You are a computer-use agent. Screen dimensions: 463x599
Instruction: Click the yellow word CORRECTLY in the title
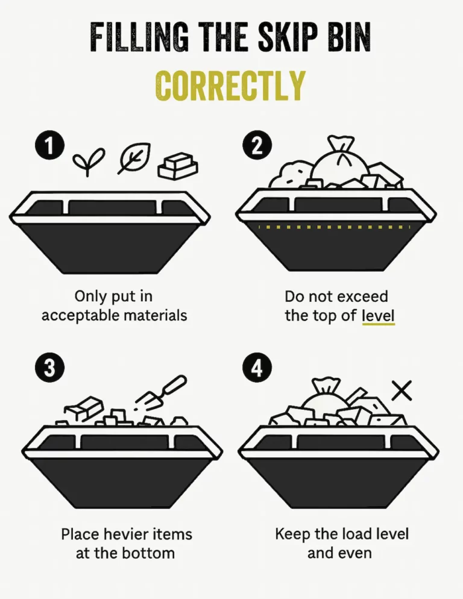click(x=230, y=86)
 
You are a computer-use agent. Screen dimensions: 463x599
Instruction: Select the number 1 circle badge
click(x=49, y=146)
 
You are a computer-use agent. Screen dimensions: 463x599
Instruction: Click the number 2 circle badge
click(x=257, y=146)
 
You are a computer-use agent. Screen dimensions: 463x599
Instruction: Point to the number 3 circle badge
click(x=49, y=368)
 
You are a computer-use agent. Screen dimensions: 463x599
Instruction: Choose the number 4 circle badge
click(x=257, y=368)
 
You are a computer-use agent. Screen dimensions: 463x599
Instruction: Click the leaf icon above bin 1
click(x=134, y=158)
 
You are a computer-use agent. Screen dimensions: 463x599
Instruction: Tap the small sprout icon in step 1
click(x=88, y=162)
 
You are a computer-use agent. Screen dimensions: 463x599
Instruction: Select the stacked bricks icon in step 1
click(x=178, y=166)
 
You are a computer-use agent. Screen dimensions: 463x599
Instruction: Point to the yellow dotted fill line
click(x=334, y=227)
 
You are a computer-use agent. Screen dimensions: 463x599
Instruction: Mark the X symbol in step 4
click(x=402, y=390)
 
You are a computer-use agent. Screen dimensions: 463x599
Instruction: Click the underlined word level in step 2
click(x=378, y=316)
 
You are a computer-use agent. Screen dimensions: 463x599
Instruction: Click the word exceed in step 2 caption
click(x=362, y=296)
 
